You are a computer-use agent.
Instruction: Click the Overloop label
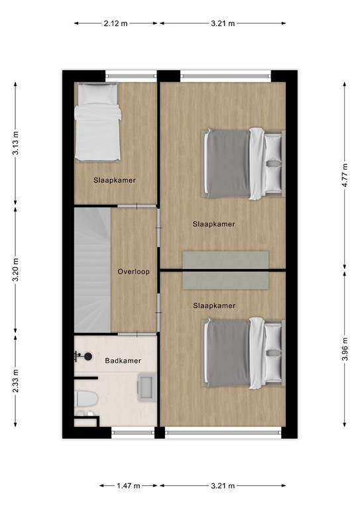click(x=133, y=272)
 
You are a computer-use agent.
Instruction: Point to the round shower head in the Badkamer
click(x=87, y=357)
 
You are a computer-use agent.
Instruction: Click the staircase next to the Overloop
click(x=91, y=270)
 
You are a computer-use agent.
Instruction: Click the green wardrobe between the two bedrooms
click(x=226, y=270)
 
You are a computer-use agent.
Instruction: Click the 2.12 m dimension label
click(x=116, y=23)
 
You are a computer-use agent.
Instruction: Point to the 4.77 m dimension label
click(x=344, y=176)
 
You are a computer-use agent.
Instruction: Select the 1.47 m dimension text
click(x=129, y=486)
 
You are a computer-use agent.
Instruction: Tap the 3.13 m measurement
click(x=16, y=143)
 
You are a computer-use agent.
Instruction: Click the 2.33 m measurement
click(x=16, y=381)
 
